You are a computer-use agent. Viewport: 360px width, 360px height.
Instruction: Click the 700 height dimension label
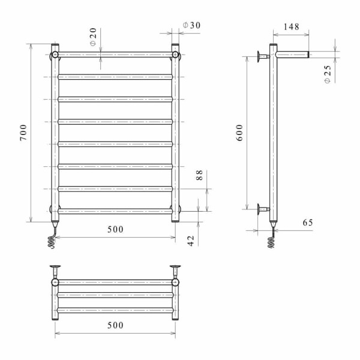pos(23,133)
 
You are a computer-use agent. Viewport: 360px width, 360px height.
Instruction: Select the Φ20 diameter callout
pos(93,37)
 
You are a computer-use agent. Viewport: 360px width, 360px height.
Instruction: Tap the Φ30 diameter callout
pos(191,25)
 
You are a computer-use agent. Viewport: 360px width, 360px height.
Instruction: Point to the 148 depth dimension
pos(292,27)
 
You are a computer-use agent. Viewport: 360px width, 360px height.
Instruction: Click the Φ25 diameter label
pos(328,74)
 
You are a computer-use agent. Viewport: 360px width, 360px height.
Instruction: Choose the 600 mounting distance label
pos(239,133)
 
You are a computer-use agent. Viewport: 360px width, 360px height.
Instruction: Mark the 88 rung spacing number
pos(200,175)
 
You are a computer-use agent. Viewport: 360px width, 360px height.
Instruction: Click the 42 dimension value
pos(191,241)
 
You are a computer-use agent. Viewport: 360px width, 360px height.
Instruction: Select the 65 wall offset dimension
pos(308,223)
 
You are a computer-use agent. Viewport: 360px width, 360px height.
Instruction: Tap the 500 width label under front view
pos(115,229)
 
